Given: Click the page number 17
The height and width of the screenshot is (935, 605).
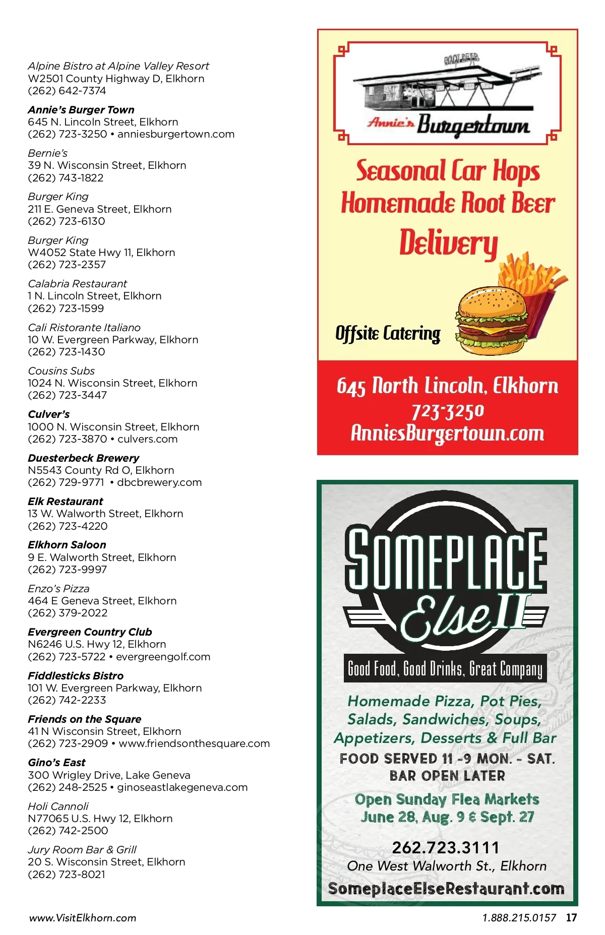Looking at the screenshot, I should point(571,917).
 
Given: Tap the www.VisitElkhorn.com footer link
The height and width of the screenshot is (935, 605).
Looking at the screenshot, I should point(83,918).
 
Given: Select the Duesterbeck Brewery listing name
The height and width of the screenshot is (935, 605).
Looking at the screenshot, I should point(83,458).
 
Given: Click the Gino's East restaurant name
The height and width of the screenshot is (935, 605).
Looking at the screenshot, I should point(56,762).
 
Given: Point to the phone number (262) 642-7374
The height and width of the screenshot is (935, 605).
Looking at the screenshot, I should point(67,91).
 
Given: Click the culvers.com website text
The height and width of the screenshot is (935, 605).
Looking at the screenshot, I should point(147,439).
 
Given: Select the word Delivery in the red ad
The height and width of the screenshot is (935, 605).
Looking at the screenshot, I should point(448,243).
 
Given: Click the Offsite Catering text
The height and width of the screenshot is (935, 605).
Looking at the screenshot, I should point(388,333).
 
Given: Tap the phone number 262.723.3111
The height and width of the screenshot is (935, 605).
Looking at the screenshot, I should point(446,847).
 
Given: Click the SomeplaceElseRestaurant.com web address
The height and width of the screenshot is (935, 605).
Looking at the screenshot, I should point(446,888).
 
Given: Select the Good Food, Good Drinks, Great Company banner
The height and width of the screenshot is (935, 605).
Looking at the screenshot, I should point(445,669).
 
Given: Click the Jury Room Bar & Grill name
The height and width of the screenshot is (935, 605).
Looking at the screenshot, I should point(82,849).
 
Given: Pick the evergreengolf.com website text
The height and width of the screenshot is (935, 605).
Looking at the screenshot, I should point(163,657).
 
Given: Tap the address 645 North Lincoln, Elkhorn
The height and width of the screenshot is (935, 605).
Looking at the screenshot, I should point(447,386).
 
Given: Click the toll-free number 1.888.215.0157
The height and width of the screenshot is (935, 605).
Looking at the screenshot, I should point(519,918).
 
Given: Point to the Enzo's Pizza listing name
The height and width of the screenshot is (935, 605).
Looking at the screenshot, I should point(58,588).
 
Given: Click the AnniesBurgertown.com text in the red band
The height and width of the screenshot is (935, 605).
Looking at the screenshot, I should point(447,433).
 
